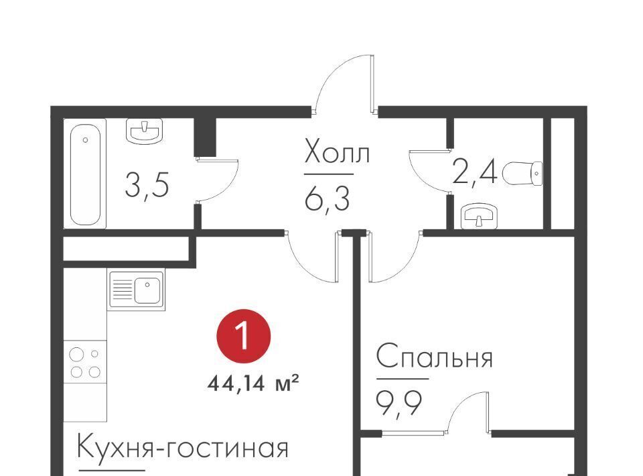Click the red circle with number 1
(x=244, y=336)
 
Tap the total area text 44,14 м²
(x=253, y=384)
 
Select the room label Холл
(x=337, y=152)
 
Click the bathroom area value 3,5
(x=147, y=184)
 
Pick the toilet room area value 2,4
(x=475, y=173)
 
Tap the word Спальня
(x=434, y=357)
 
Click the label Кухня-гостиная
(x=183, y=447)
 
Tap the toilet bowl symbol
(x=522, y=173)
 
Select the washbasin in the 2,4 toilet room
(x=479, y=216)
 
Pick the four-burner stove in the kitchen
(x=85, y=362)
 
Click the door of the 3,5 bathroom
(x=217, y=180)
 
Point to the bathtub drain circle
(x=85, y=140)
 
